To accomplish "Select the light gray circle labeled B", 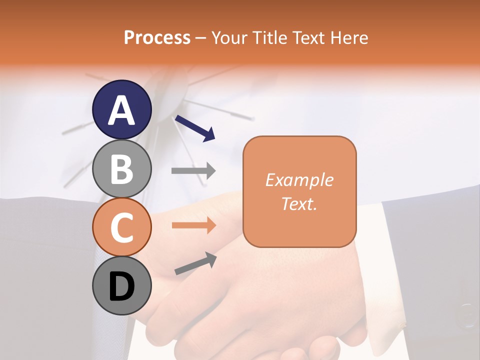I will pos(122,169).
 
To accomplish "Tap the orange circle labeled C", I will pos(122,227).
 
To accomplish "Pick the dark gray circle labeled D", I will pos(122,286).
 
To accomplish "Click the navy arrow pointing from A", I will pos(194,128).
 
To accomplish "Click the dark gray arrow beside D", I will pos(195,263).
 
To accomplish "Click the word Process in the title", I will pos(157,37).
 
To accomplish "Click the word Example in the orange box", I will pos(299,180).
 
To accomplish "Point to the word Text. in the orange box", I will pos(299,203).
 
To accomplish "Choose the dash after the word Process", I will pos(201,38).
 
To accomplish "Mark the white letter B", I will pos(122,169).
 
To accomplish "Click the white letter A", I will pos(122,110).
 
